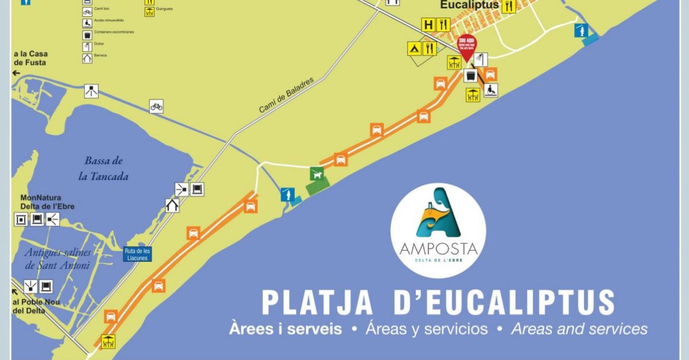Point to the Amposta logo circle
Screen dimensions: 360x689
(x=438, y=223)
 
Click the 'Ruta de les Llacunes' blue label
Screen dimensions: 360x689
(x=137, y=254)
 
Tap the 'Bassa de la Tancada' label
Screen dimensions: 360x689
(x=103, y=169)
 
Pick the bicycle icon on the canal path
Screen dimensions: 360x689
(x=156, y=106)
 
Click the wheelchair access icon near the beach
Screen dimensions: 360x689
(x=491, y=90)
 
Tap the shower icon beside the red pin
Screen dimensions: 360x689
(x=481, y=59)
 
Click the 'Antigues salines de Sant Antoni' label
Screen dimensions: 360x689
(x=57, y=258)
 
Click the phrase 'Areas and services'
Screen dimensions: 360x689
(x=579, y=329)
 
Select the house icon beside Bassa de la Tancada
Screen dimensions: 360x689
(x=172, y=205)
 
